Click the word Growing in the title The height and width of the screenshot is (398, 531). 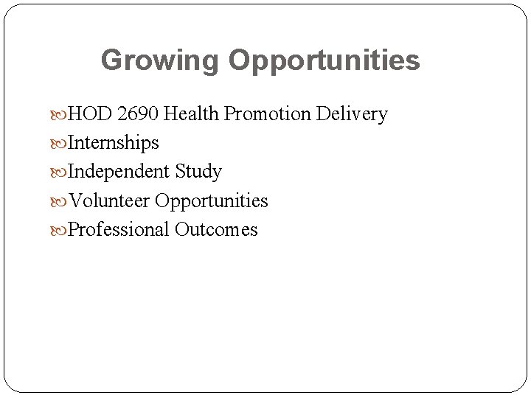[160, 60]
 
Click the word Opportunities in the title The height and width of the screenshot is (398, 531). [324, 60]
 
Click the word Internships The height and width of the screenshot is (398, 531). [113, 143]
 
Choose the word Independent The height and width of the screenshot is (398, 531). [119, 172]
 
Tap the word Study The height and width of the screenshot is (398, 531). [198, 172]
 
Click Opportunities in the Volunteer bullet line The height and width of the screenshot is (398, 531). [212, 201]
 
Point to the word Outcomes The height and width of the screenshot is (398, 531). [216, 229]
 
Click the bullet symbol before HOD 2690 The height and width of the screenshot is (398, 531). [61, 115]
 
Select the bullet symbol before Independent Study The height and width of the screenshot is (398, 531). [61, 172]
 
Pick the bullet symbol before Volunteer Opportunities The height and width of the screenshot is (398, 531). [61, 201]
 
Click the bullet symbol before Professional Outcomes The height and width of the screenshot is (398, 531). [61, 230]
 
